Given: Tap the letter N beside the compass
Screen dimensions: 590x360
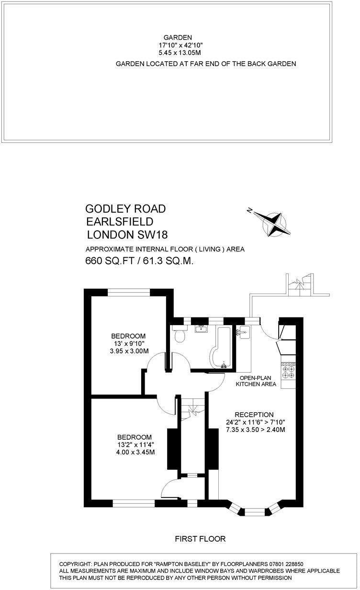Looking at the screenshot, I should pyautogui.click(x=249, y=210).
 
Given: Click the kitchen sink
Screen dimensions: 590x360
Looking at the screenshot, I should pyautogui.click(x=243, y=331).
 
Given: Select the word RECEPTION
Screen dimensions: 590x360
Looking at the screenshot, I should pyautogui.click(x=254, y=415).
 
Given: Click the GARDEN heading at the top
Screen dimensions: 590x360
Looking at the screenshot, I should pyautogui.click(x=178, y=37).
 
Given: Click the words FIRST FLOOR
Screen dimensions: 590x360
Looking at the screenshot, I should pyautogui.click(x=200, y=539).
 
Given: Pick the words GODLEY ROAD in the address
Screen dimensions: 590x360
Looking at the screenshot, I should pyautogui.click(x=125, y=209).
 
